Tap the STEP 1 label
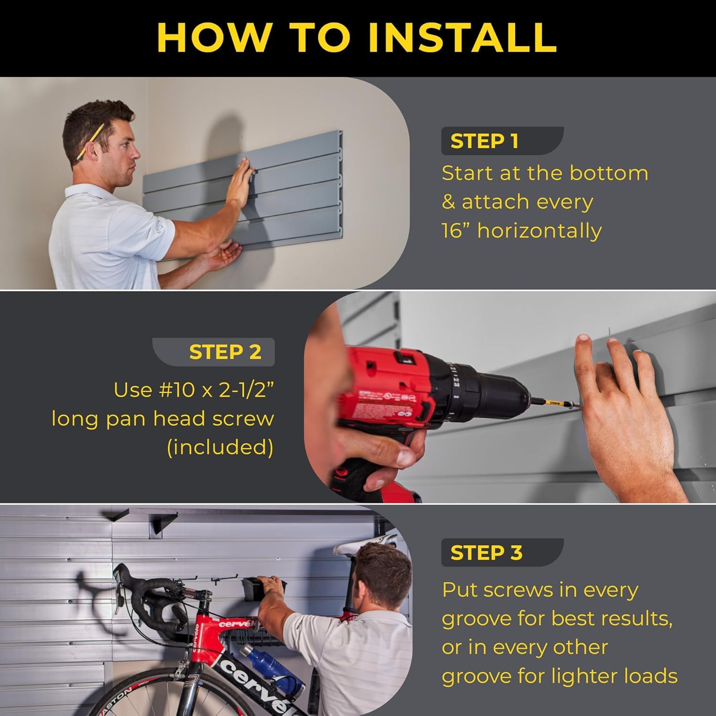(484, 141)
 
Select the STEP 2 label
(225, 352)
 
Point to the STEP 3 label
(486, 553)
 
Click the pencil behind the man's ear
(89, 141)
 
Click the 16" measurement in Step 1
(456, 231)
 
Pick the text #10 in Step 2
(175, 390)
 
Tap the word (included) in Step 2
(220, 447)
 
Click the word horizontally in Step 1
(539, 231)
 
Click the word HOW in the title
(213, 37)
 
